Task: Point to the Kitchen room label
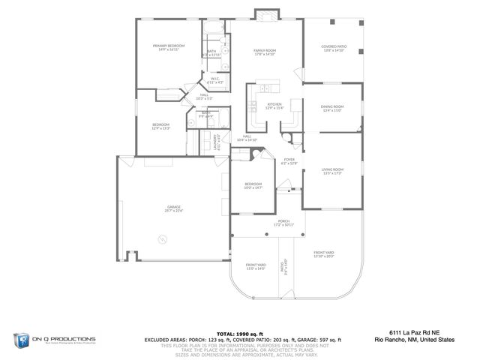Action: (x=274, y=106)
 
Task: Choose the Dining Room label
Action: (x=332, y=108)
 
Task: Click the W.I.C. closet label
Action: (x=214, y=81)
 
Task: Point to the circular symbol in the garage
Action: (x=160, y=241)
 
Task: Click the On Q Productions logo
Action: (x=52, y=340)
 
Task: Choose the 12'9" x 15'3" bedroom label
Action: (x=161, y=126)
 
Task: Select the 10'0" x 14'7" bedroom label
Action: (x=253, y=186)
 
